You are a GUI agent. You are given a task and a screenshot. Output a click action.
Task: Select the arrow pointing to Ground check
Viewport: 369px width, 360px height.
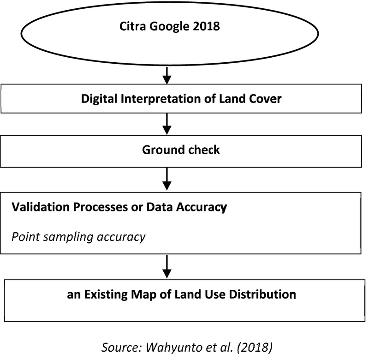click(168, 124)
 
